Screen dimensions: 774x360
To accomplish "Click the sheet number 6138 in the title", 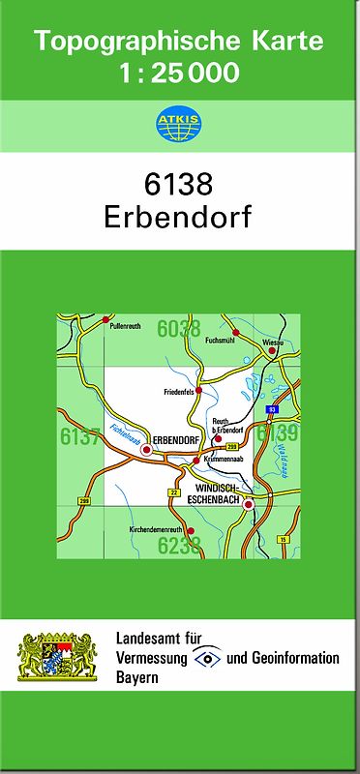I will [x=179, y=185].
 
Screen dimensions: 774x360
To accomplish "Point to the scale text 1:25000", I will [x=179, y=72].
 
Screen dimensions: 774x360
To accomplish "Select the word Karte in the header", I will [x=287, y=42].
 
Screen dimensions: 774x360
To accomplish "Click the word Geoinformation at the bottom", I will [x=294, y=659].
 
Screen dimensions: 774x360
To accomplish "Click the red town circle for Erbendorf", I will [x=147, y=450].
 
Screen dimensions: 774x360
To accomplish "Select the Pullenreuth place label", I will [x=126, y=327].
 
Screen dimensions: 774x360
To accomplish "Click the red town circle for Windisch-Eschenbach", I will [x=248, y=504].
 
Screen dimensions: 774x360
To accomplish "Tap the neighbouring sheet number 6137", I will [x=79, y=436].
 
